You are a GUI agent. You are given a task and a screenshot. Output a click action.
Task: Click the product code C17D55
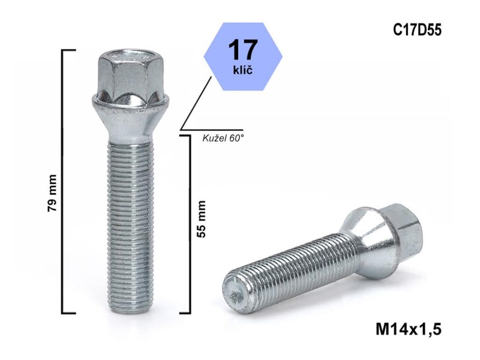[x=417, y=31]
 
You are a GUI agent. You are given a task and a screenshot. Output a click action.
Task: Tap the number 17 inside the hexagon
[x=243, y=50]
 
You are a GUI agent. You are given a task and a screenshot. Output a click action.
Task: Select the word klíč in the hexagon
[x=243, y=70]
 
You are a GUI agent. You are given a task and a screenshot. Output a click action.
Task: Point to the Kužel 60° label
[x=223, y=139]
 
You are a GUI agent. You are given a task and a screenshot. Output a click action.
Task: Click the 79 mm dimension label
[x=52, y=193]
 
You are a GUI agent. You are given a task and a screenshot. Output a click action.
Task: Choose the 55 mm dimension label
[x=201, y=219]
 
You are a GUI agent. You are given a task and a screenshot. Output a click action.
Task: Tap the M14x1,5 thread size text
[x=409, y=330]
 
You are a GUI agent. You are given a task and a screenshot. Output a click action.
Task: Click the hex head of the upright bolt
[x=130, y=75]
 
